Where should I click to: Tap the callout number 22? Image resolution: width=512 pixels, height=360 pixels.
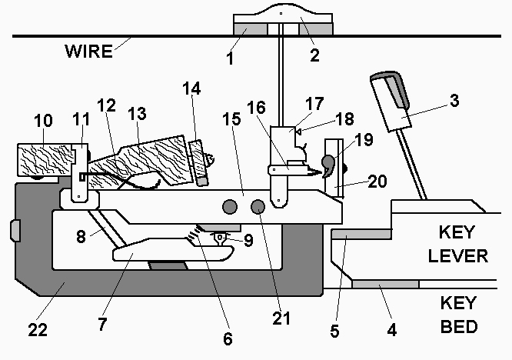click(38, 330)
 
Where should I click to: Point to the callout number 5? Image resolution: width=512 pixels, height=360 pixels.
click(334, 331)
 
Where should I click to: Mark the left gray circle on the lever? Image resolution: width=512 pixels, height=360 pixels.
click(229, 206)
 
